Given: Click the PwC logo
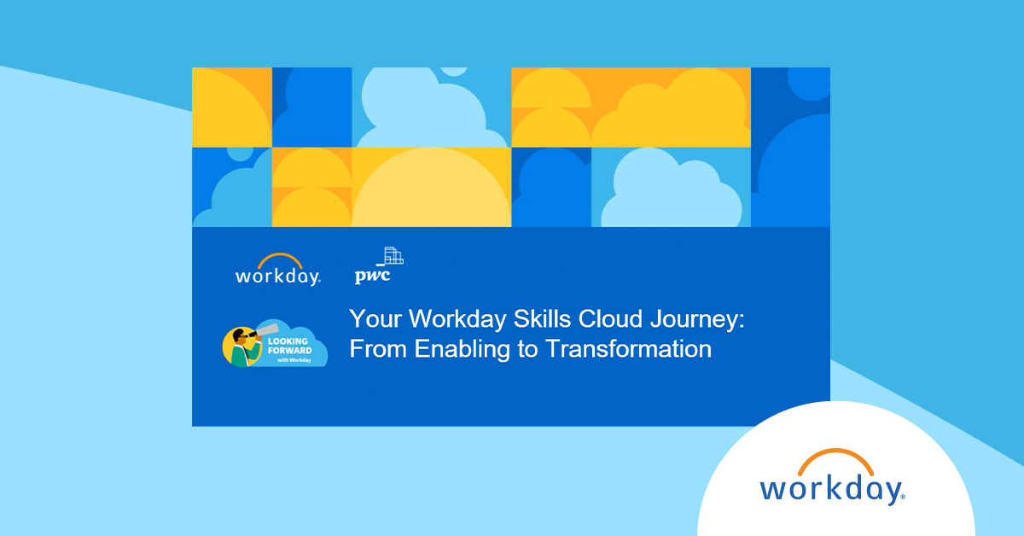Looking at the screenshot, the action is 379,266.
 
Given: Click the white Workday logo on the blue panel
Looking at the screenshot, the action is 278,270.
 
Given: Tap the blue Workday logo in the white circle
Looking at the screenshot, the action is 833,477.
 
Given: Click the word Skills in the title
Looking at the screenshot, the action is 542,318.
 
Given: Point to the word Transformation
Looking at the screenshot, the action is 628,349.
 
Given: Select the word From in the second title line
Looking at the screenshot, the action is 378,349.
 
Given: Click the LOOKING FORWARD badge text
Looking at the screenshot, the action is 290,346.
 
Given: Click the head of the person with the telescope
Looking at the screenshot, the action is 239,337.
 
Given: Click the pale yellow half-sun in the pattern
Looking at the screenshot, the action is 431,187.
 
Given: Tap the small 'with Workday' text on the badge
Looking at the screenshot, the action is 294,360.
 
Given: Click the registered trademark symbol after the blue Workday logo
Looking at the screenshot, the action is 903,497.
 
